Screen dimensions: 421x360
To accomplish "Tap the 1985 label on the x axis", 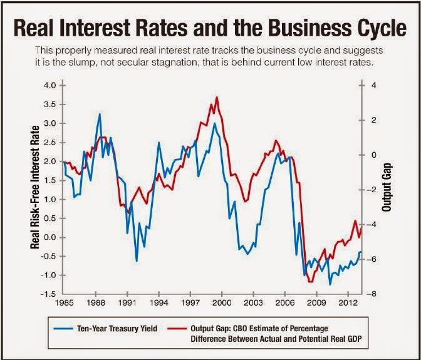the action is point(64,303).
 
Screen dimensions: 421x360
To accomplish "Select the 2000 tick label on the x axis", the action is point(222,303).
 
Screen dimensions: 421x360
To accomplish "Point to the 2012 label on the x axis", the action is point(348,303).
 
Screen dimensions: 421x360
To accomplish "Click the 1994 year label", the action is point(159,303).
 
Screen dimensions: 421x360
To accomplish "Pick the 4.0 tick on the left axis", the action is point(49,86).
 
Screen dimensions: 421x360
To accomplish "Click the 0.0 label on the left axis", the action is point(49,237).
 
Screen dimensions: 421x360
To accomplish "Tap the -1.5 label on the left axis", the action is point(48,294).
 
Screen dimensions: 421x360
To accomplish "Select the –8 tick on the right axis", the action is point(372,294).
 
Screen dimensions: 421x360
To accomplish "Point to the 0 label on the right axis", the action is point(374,155).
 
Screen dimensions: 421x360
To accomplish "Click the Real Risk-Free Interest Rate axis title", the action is point(35,187).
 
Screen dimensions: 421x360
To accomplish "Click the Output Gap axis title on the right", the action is point(387,187).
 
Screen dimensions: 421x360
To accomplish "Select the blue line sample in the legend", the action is point(63,329).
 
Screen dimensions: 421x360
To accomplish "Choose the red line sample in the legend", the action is point(177,329).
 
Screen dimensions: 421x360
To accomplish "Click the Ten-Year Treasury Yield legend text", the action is point(117,329).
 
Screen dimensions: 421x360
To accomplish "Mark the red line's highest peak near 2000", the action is point(217,97).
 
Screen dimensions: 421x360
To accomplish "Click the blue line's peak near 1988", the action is point(100,114).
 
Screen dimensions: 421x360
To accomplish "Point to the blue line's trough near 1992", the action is point(137,261).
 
